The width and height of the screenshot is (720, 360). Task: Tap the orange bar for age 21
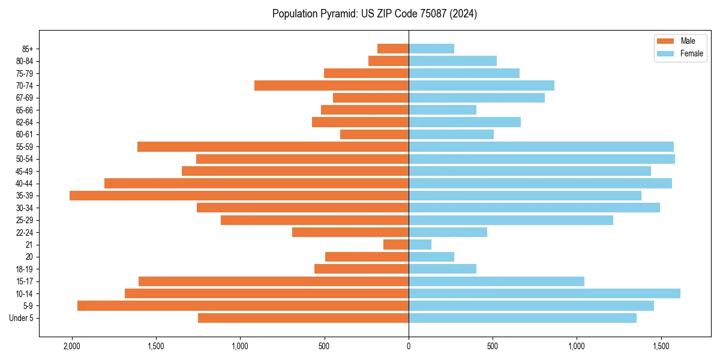[x=396, y=245]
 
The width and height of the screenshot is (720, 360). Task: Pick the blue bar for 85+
[x=431, y=49]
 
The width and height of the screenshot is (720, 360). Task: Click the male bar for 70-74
[x=331, y=85]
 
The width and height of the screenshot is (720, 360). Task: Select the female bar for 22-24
[x=448, y=232]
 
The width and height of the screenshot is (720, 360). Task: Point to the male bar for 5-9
[x=243, y=306]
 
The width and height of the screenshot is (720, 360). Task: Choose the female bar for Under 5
[x=522, y=318]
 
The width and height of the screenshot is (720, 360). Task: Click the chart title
[x=374, y=14]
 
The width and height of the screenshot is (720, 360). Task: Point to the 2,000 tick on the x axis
[x=72, y=346]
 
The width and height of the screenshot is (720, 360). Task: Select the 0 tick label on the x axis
[x=409, y=346]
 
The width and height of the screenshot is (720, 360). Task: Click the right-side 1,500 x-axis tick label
[x=661, y=346]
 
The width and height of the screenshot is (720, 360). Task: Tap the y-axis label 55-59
[x=25, y=147]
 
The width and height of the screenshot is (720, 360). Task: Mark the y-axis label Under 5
[x=21, y=318]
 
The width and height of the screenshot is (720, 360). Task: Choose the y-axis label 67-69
[x=25, y=98]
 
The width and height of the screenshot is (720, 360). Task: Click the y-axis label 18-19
[x=25, y=269]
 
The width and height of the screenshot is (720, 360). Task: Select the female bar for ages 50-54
[x=541, y=159]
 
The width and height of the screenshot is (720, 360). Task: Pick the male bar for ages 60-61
[x=374, y=134]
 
